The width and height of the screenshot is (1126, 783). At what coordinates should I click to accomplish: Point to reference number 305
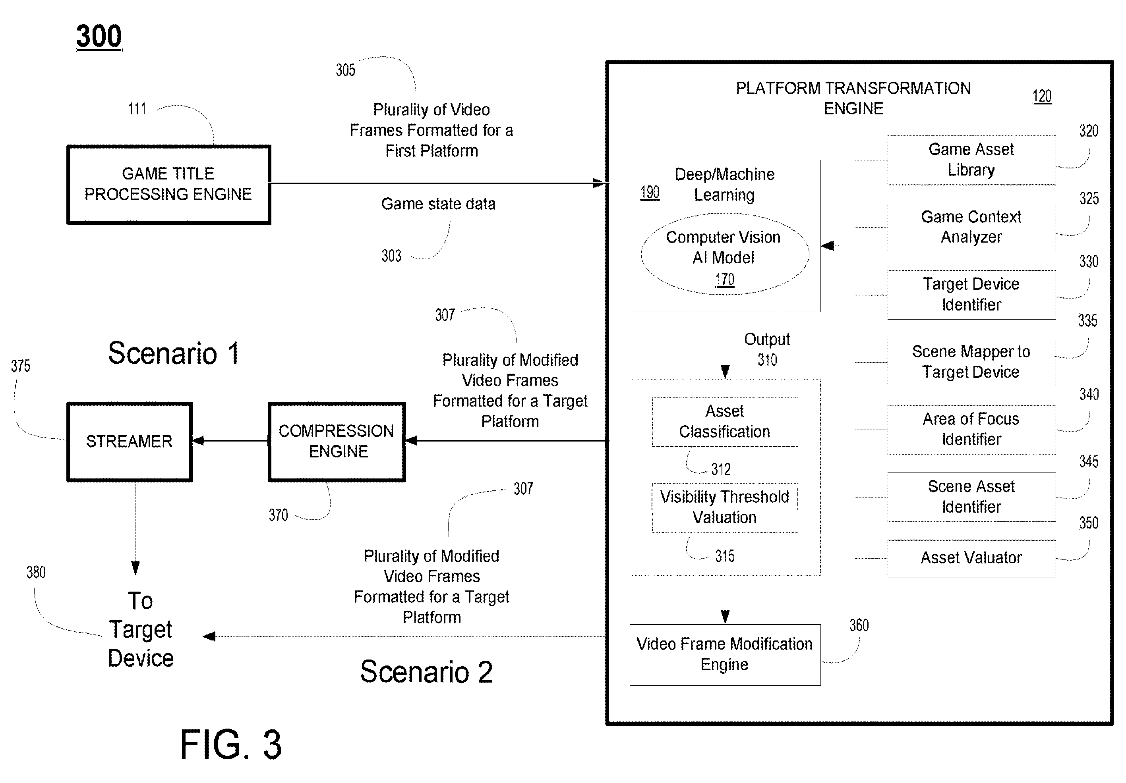[x=345, y=70]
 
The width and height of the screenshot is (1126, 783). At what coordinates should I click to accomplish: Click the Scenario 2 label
[x=426, y=672]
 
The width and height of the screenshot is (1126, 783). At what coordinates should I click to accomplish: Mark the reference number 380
[x=36, y=572]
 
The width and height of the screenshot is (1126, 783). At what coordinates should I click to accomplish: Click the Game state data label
[x=438, y=204]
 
